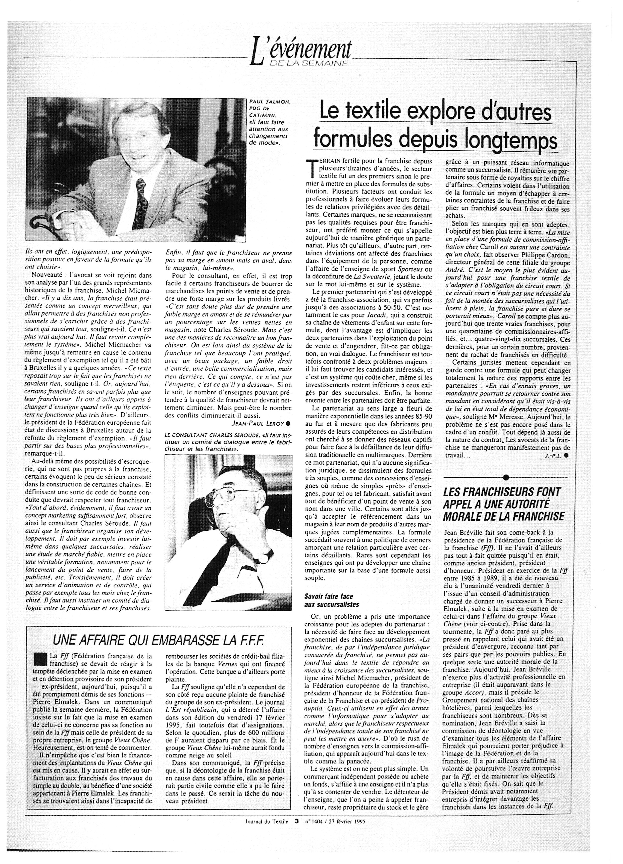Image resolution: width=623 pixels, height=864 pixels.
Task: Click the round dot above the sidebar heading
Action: [505, 477]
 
